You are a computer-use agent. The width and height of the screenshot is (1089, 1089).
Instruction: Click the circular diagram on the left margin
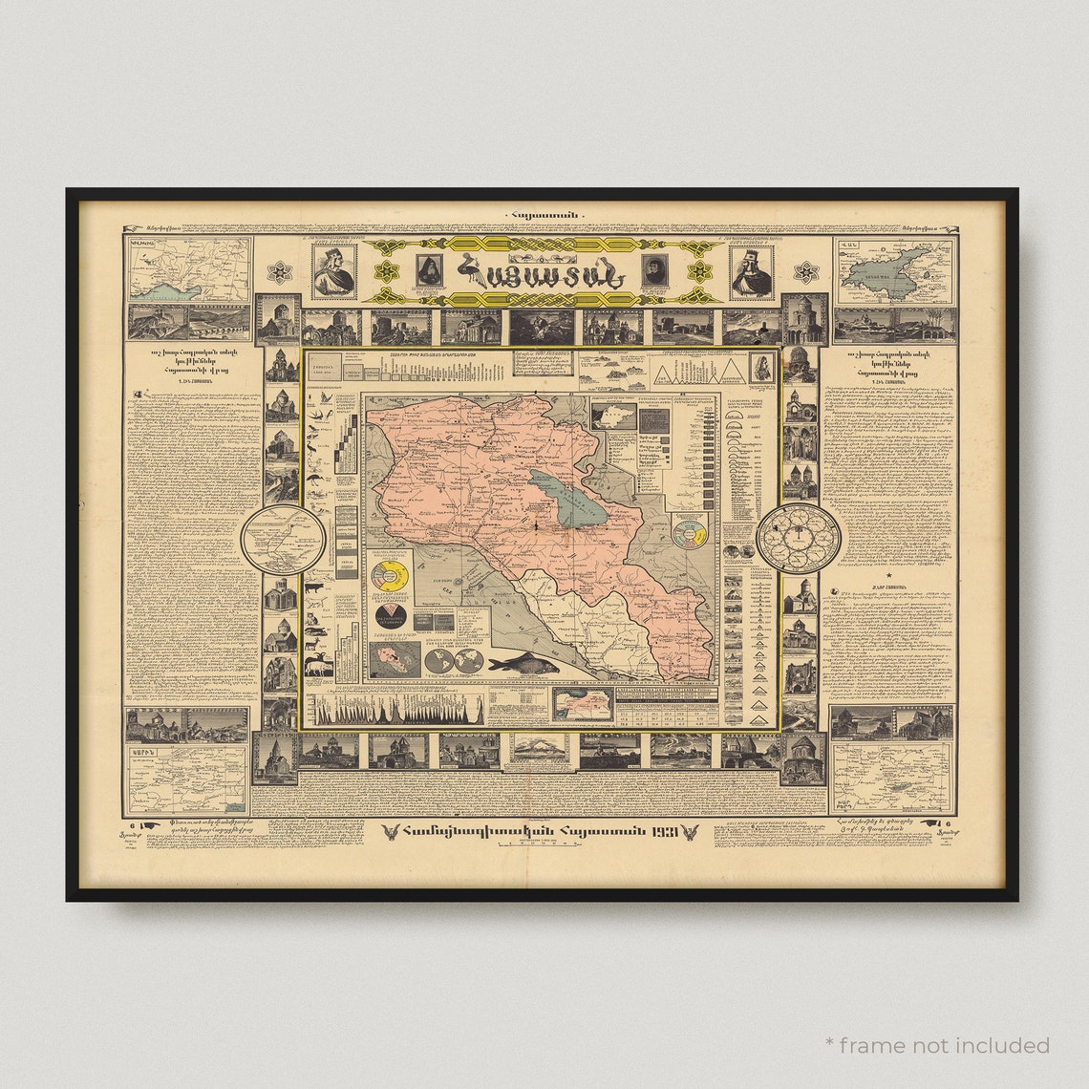(x=283, y=540)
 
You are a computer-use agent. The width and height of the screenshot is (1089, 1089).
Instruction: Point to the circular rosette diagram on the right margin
(x=799, y=539)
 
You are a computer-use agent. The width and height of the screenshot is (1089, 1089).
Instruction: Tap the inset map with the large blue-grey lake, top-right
(x=894, y=270)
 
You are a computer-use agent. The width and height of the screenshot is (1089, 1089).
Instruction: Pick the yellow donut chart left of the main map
(x=389, y=576)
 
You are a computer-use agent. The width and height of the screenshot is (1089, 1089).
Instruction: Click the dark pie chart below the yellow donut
(x=389, y=617)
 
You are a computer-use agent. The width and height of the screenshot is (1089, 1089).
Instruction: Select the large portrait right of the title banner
(x=753, y=271)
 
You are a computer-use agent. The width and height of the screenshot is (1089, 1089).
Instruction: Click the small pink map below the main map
(x=582, y=704)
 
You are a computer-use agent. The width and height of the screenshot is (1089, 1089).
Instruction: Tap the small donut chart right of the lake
(x=688, y=531)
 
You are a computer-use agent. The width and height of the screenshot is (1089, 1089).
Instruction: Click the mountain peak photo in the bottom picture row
(x=540, y=750)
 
